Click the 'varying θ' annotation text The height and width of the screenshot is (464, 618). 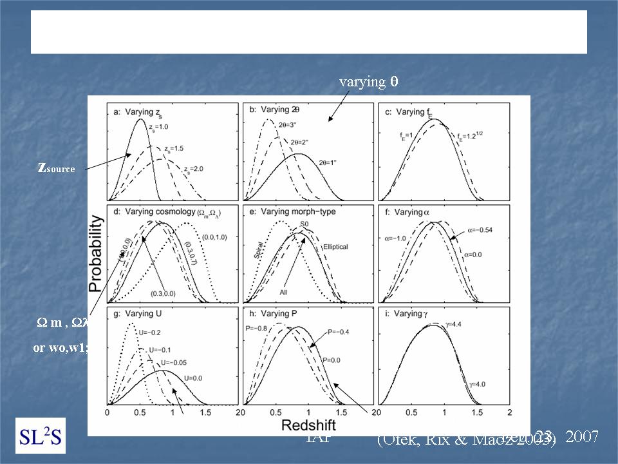[368, 82]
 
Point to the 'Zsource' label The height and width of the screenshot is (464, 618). [57, 168]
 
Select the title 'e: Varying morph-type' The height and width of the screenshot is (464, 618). [288, 213]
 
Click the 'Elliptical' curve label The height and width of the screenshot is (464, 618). [335, 246]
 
